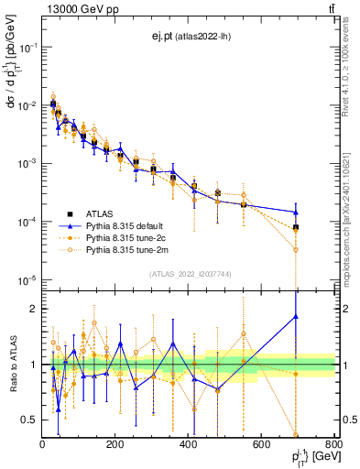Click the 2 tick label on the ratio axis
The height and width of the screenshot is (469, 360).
34,309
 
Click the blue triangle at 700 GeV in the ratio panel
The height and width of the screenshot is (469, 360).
296,317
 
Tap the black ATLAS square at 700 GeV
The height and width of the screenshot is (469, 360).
296,226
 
